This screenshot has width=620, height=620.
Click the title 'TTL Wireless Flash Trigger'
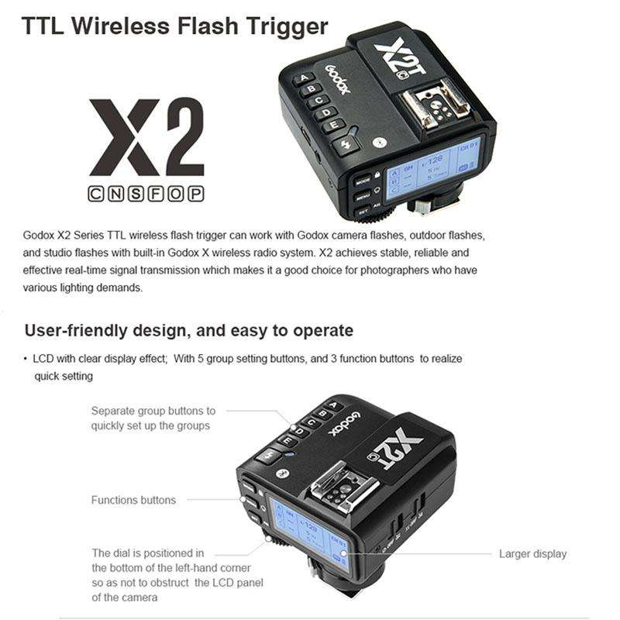coord(174,26)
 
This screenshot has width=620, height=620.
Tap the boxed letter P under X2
coord(196,194)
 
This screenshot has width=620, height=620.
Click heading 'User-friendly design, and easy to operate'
coord(189,331)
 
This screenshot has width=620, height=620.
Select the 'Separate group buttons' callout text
coord(153,418)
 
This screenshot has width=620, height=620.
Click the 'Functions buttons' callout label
coord(133,500)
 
